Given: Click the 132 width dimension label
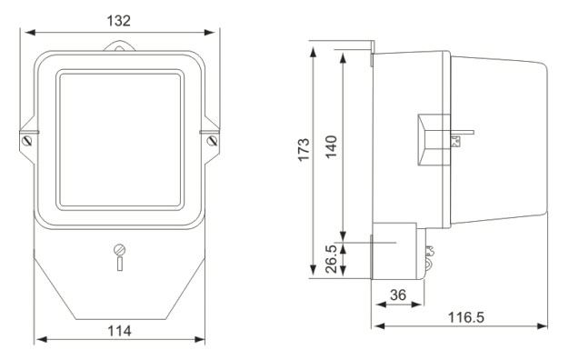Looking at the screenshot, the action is coord(118,21).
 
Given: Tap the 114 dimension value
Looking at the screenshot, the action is coord(119,331).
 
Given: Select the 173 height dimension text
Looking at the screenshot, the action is coord(304,149).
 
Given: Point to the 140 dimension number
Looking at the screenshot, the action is coord(331,146).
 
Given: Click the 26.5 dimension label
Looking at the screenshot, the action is coord(331,259).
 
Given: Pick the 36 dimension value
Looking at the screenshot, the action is coord(398,295).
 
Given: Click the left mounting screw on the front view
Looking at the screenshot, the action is coord(27,140).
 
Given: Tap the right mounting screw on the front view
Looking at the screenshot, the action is coord(212,140).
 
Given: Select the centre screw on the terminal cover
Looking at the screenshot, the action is coord(119,250).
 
